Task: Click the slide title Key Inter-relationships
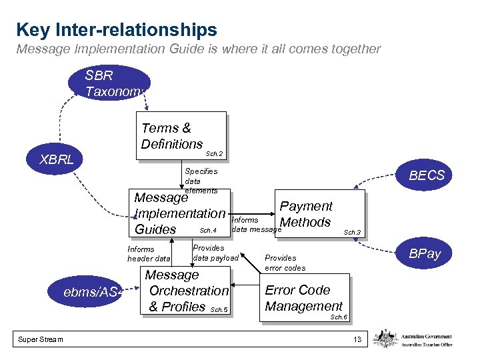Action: pos(117,30)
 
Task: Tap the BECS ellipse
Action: pos(425,175)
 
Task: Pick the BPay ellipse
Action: pos(425,254)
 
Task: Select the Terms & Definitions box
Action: pos(181,136)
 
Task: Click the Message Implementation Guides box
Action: pos(180,213)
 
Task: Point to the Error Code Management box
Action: pos(304,298)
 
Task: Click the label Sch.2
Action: pos(214,154)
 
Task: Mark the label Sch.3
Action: pos(351,233)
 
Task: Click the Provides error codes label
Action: pos(285,263)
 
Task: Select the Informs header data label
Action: pos(149,254)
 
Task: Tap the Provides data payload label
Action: pos(215,253)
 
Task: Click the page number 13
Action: pos(357,340)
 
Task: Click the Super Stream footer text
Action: pos(41,340)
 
